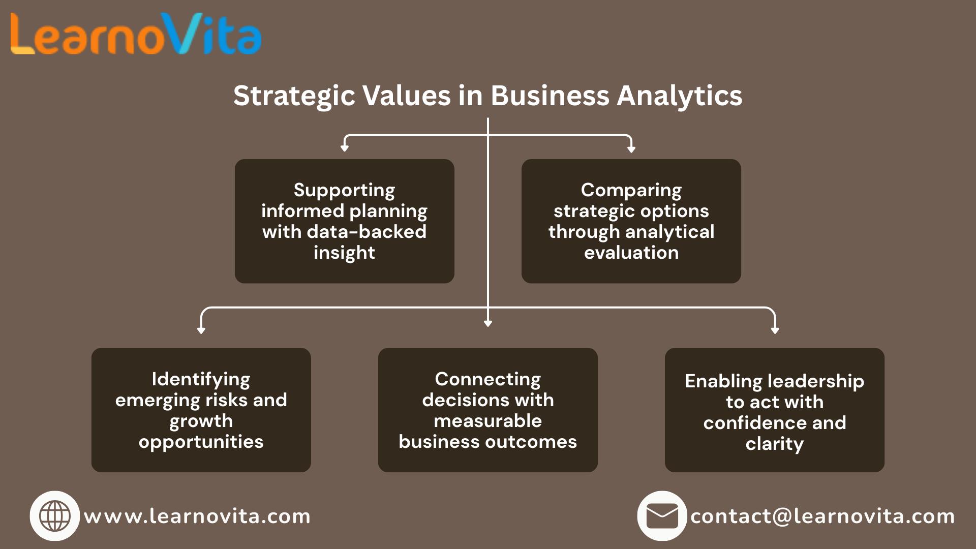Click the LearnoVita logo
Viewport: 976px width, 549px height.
coord(136,35)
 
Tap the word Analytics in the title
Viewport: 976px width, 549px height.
coord(680,96)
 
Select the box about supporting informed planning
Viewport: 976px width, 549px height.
coord(344,221)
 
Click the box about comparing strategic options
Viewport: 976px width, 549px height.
coord(631,221)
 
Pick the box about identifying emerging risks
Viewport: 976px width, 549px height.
coord(201,410)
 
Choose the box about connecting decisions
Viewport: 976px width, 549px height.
coord(487,410)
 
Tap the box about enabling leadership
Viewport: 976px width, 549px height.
coord(774,410)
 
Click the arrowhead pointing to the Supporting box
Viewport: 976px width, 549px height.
coord(345,148)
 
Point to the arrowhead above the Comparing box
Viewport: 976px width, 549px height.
coord(631,149)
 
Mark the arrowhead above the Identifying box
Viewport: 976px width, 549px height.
coord(201,330)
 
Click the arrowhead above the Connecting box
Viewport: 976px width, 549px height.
coord(488,323)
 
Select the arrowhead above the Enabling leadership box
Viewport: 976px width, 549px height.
coord(775,330)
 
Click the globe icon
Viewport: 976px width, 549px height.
coord(55,515)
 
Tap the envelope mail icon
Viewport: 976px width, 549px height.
coord(662,515)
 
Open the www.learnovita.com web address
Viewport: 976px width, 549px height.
coord(197,516)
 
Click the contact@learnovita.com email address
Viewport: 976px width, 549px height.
coord(822,516)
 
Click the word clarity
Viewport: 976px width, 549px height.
coord(774,444)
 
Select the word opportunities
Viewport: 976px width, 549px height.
coord(201,442)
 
